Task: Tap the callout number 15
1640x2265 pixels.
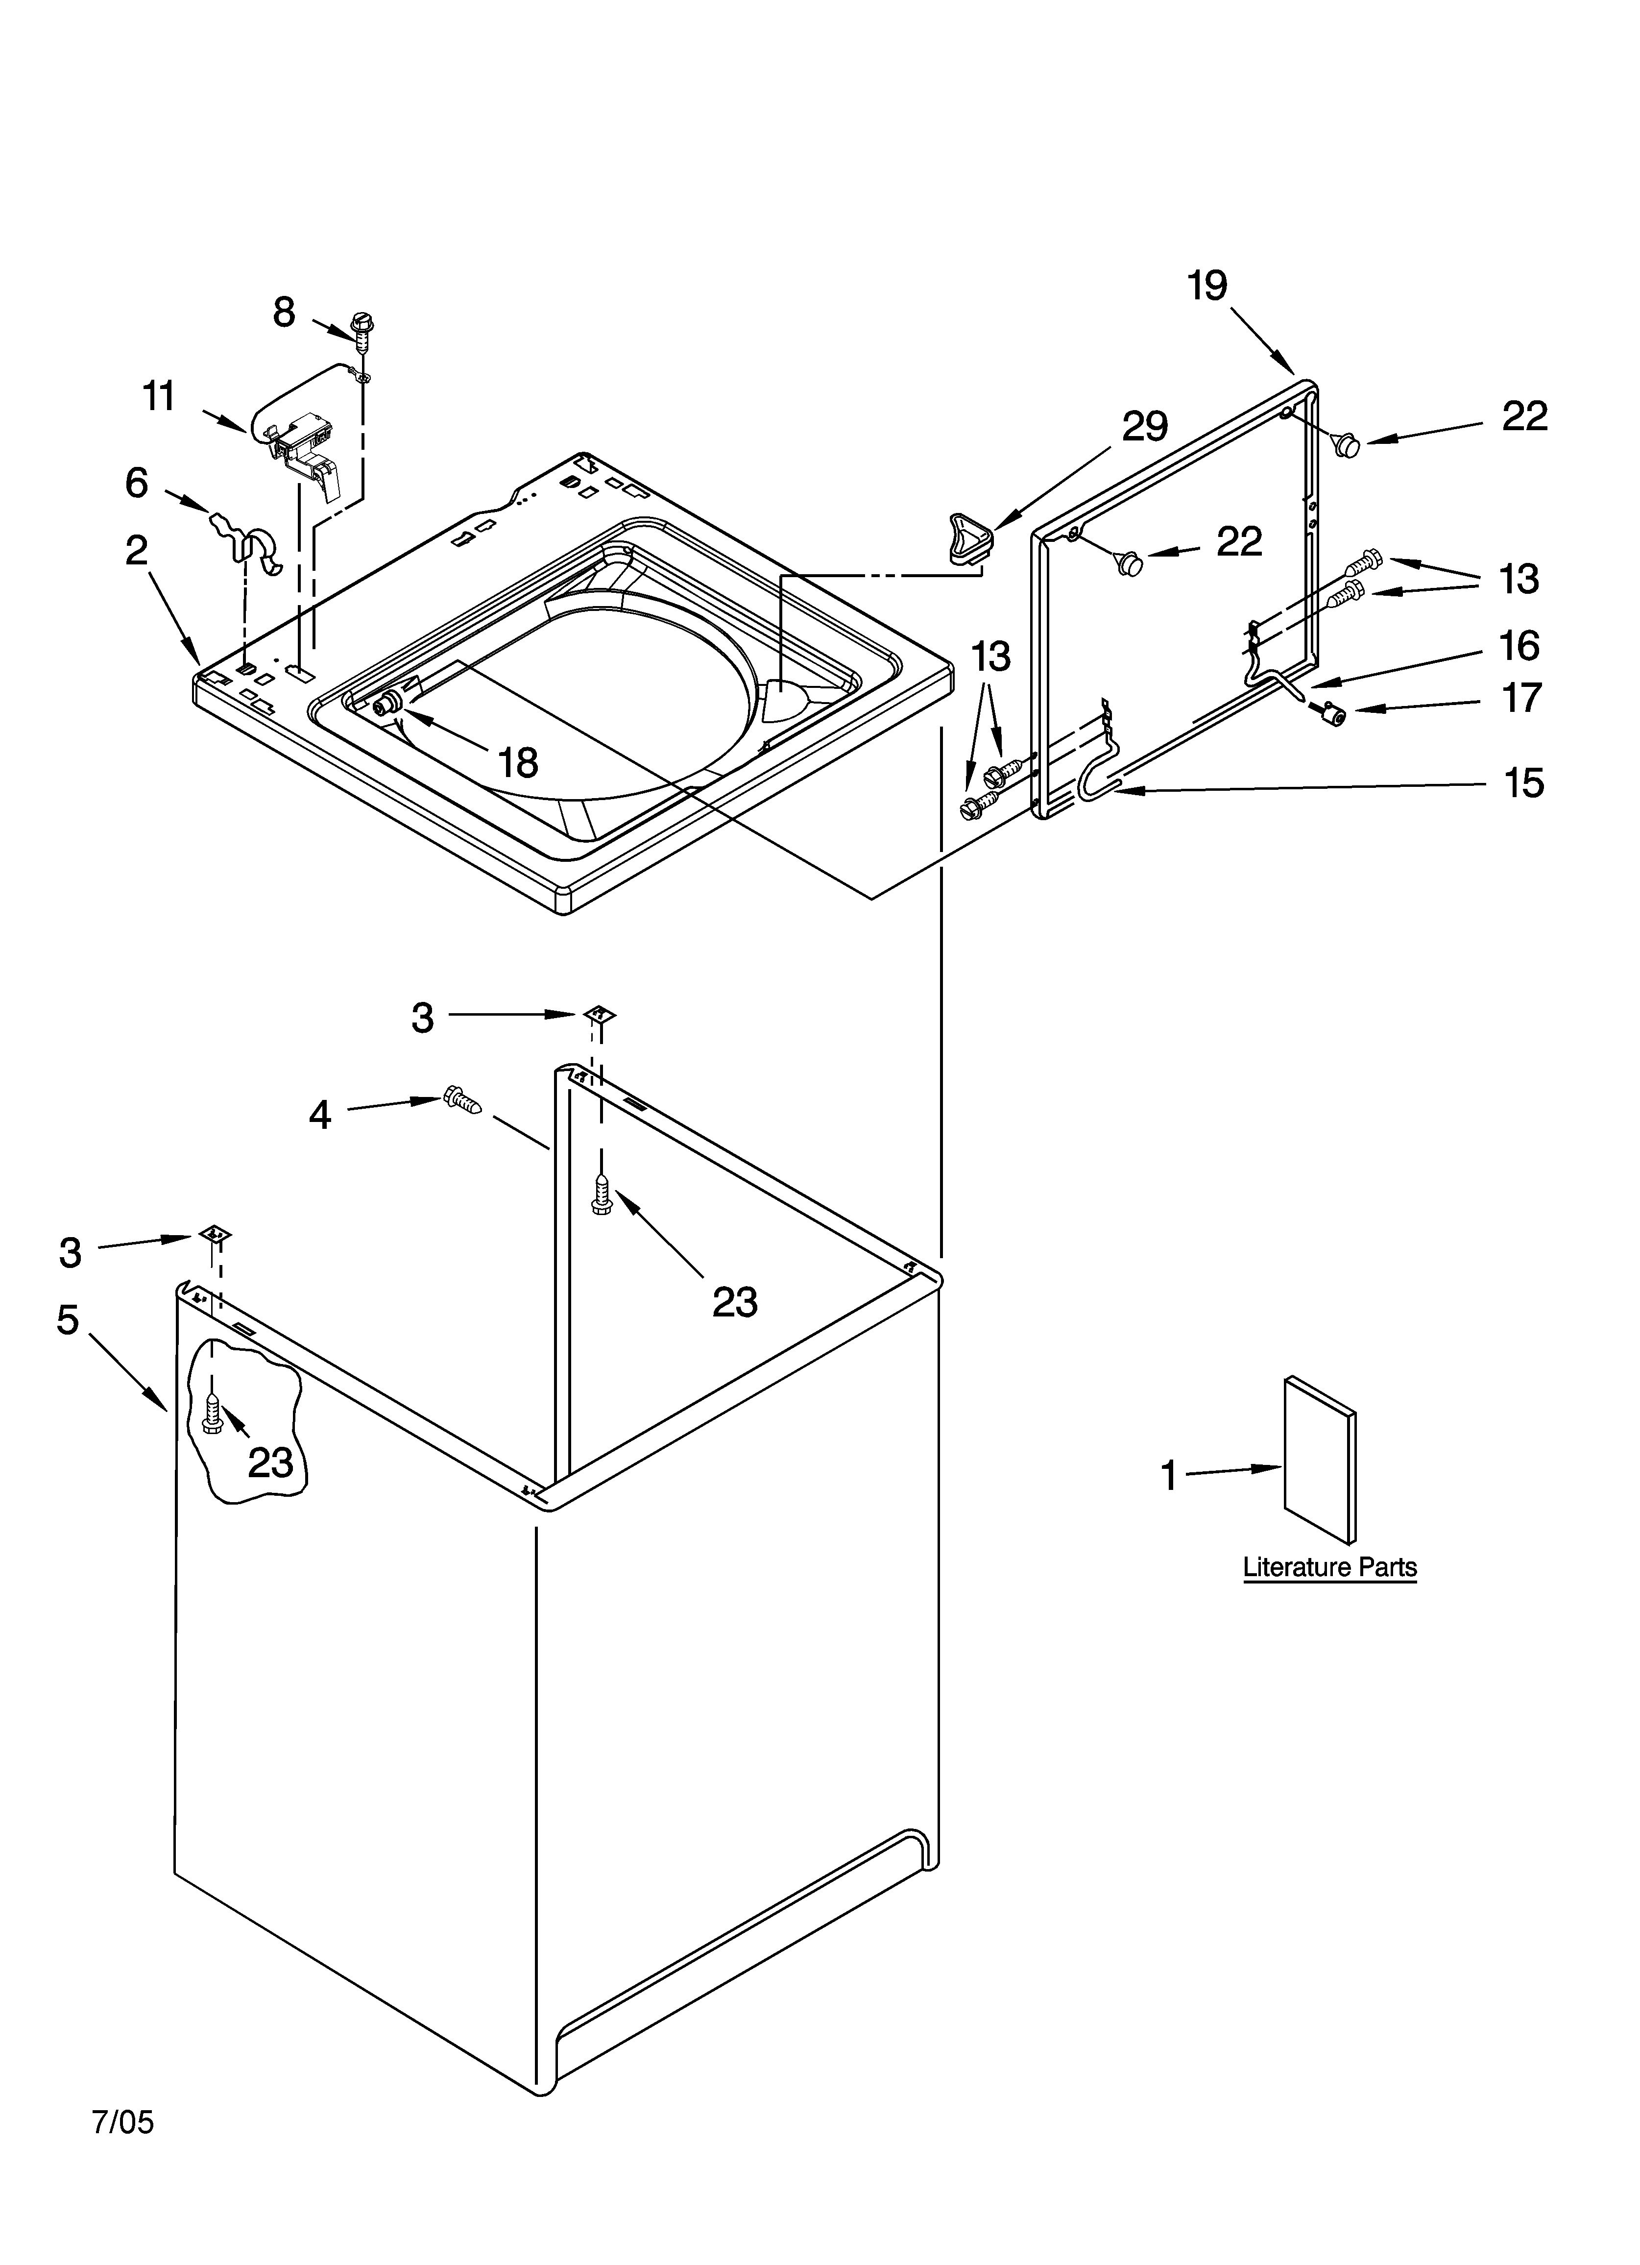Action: [x=1523, y=783]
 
